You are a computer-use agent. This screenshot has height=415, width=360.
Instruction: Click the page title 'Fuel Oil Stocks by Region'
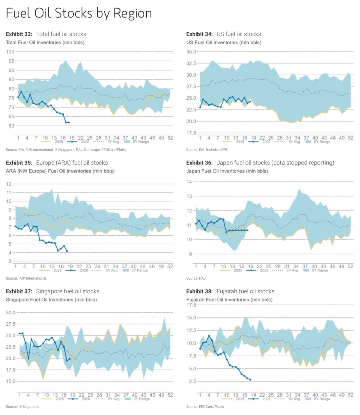(x=79, y=13)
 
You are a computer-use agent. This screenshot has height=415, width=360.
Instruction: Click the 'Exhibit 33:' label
(x=19, y=34)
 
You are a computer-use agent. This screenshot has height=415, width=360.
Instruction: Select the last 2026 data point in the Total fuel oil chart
(x=69, y=122)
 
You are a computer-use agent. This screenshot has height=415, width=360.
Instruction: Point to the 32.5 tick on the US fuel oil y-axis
(x=191, y=63)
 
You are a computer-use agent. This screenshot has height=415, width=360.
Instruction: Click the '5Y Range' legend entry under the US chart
(x=318, y=142)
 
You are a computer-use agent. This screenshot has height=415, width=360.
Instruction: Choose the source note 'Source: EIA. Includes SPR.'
(x=207, y=150)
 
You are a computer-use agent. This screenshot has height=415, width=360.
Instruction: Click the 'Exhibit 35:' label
(x=19, y=163)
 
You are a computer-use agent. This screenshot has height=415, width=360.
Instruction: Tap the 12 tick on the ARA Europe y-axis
(x=9, y=184)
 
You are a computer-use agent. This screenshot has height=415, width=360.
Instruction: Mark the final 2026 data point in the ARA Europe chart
(x=67, y=251)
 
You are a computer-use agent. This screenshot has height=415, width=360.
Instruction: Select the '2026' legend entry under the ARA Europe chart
(x=77, y=270)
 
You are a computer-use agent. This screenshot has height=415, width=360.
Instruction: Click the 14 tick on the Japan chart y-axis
(x=189, y=182)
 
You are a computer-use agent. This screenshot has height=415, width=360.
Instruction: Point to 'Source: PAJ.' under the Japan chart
(x=196, y=278)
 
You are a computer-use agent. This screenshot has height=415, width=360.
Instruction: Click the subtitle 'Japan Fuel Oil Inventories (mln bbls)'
(x=227, y=171)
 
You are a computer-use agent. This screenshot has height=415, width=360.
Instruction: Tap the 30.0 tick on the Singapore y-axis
(x=11, y=313)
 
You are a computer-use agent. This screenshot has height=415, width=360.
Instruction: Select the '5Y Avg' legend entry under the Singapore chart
(x=107, y=399)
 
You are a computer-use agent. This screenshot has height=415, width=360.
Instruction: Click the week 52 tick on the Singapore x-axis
(x=170, y=395)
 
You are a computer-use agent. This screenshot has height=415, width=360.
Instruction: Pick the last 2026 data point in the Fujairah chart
(x=250, y=380)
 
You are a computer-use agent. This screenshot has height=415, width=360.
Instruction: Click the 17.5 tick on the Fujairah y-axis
(x=191, y=305)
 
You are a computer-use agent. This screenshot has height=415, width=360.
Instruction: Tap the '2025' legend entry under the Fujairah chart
(x=233, y=399)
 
